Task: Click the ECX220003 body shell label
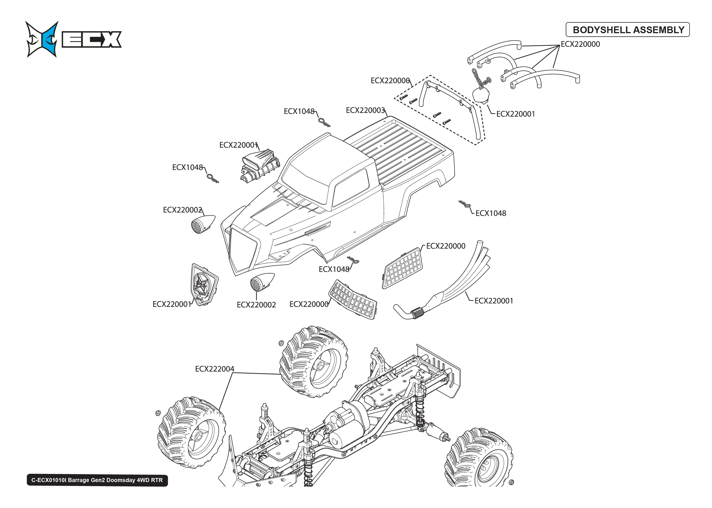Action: tap(365, 110)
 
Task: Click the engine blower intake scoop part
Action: tap(260, 166)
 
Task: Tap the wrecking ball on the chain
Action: tap(481, 95)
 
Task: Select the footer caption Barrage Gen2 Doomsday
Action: tap(97, 480)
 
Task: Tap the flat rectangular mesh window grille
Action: tap(403, 268)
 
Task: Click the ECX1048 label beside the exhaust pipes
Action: tap(491, 213)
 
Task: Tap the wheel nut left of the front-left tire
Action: tap(158, 413)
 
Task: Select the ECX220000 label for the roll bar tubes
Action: tap(580, 44)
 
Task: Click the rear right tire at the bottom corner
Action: tap(479, 460)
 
